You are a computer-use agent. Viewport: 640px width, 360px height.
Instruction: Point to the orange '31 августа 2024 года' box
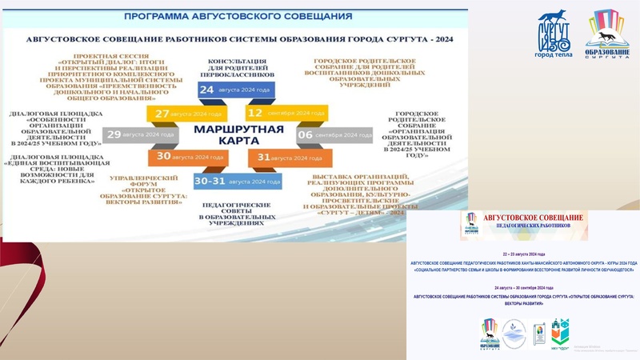[274, 158]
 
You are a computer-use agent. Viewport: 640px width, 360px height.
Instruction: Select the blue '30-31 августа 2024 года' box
[226, 182]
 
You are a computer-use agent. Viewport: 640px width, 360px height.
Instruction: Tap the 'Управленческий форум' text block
[146, 190]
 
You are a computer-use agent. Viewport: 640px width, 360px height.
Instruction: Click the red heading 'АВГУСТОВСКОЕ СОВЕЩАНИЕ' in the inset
[534, 217]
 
